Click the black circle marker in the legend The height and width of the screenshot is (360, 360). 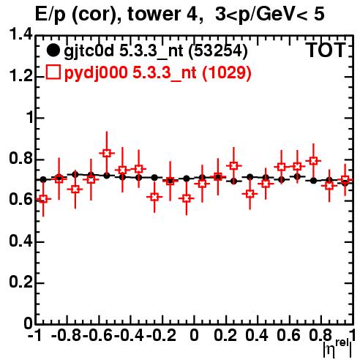tap(53, 50)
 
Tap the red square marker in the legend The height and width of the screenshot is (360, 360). tap(53, 72)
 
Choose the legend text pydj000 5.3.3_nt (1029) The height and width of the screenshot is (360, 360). tap(157, 73)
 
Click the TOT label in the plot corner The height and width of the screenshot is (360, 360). tap(326, 50)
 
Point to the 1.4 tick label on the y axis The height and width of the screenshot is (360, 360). tap(20, 34)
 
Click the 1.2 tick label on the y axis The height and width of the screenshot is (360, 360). tap(20, 76)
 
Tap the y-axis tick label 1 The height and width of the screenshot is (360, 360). tap(30, 118)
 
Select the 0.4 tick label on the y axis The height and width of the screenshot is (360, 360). tap(20, 241)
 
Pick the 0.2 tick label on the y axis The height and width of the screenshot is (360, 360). tap(20, 282)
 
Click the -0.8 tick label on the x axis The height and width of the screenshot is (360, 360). tap(66, 335)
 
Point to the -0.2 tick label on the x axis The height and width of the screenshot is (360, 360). tap(161, 335)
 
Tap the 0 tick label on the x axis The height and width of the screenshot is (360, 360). tap(194, 335)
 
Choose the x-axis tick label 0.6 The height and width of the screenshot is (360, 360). tap(288, 335)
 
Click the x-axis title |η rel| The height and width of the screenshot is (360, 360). tap(337, 348)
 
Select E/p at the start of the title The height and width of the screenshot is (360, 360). tap(50, 15)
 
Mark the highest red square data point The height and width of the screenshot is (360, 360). tap(106, 153)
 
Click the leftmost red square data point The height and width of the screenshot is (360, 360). tap(43, 199)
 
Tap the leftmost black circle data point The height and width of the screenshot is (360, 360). tap(43, 180)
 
